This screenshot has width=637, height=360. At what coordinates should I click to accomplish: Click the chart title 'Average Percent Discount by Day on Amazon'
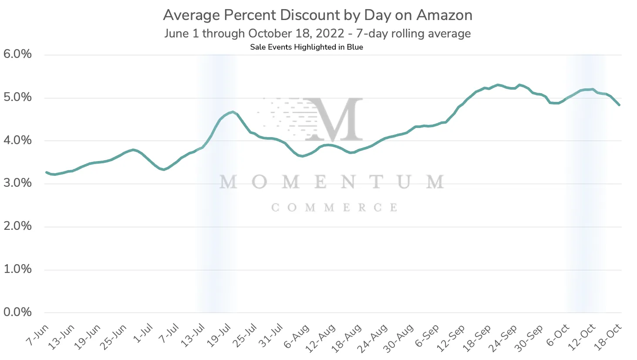pos(317,15)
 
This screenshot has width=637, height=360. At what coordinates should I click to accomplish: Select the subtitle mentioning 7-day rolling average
pos(317,34)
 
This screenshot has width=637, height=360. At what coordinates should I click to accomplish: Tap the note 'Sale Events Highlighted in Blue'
pos(307,47)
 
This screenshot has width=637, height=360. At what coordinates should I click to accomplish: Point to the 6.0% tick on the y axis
pos(17,54)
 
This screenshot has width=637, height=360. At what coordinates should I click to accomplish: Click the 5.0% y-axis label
pos(17,97)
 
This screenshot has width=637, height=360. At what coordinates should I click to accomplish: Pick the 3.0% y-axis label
pos(17,183)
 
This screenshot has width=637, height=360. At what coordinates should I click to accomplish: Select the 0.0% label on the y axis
pos(17,312)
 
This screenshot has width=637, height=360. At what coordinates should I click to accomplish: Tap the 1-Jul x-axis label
pos(143,334)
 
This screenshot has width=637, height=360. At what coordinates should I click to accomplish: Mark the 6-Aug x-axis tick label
pos(297,336)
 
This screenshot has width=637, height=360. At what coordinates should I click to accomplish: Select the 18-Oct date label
pos(609,338)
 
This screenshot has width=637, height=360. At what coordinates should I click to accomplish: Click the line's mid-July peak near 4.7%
pos(233,112)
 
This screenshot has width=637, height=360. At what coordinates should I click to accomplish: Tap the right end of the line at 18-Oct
pos(619,105)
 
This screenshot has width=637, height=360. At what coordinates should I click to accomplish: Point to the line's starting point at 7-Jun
pos(46,172)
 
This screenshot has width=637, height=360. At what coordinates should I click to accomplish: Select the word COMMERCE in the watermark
pos(334,208)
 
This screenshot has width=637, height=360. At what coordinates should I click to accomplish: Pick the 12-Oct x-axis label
pos(583,338)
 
